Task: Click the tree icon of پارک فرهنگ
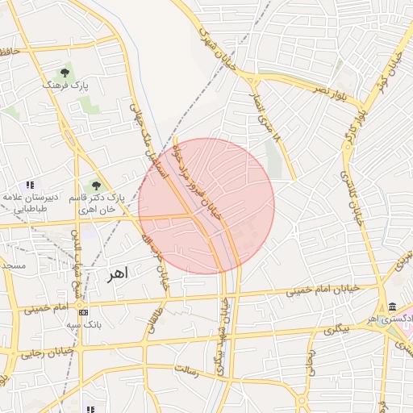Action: point(65,73)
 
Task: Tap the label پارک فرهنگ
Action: point(65,85)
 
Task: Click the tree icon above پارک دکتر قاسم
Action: point(97,186)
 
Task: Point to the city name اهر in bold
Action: point(118,274)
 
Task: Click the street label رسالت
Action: point(191,370)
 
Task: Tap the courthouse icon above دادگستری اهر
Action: point(392,307)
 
